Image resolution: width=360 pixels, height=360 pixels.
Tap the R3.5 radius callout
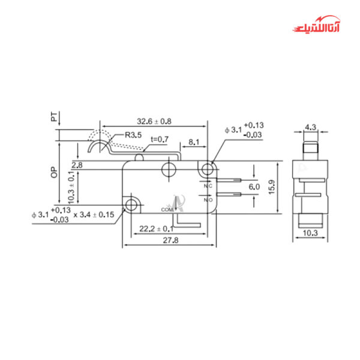[133, 136]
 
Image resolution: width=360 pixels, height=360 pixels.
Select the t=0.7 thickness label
[160, 139]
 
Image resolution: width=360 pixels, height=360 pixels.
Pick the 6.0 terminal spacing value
[254, 187]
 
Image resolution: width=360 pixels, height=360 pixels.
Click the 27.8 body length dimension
[169, 239]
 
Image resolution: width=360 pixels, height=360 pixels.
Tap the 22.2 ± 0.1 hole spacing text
[156, 229]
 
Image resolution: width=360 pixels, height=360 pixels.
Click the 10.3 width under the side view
[311, 232]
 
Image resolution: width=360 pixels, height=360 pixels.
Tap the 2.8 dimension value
[77, 164]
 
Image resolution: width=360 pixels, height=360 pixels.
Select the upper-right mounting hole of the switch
[208, 170]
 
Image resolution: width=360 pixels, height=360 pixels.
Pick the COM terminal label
[167, 209]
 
